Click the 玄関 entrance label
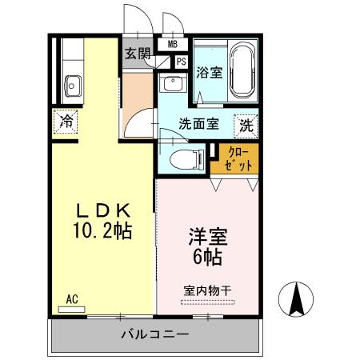click(138, 54)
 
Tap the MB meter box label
click(173, 44)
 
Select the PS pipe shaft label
click(181, 62)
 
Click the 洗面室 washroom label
click(199, 124)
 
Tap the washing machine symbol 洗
click(246, 125)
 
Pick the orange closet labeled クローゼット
click(235, 158)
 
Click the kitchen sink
click(71, 84)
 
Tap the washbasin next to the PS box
click(170, 84)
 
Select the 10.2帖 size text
click(102, 232)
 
